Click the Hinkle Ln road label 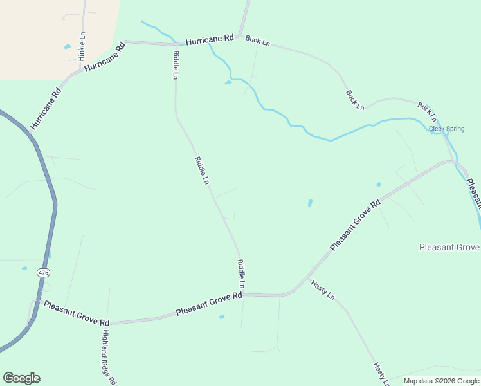(82, 46)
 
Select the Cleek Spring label (446, 129)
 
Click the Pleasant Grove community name (449, 247)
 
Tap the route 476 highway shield (43, 273)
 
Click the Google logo (21, 378)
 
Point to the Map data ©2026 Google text (441, 381)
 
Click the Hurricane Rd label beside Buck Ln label (210, 40)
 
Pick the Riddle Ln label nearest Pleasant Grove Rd (242, 273)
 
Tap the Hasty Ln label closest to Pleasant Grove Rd (323, 290)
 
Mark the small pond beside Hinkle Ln (67, 47)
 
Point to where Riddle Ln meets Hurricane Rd (175, 44)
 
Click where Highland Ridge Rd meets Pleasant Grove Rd (107, 322)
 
